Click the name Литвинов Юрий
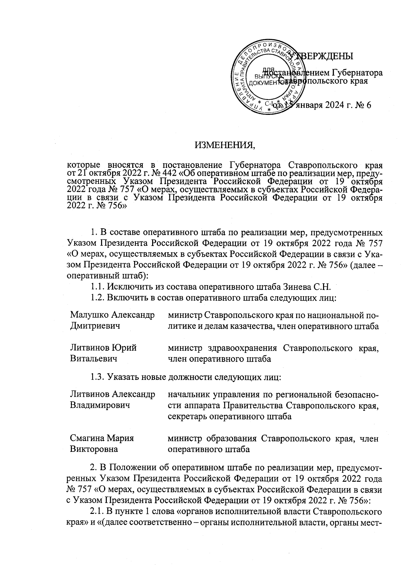click(103, 348)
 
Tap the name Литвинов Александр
click(113, 394)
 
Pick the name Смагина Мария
click(102, 438)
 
